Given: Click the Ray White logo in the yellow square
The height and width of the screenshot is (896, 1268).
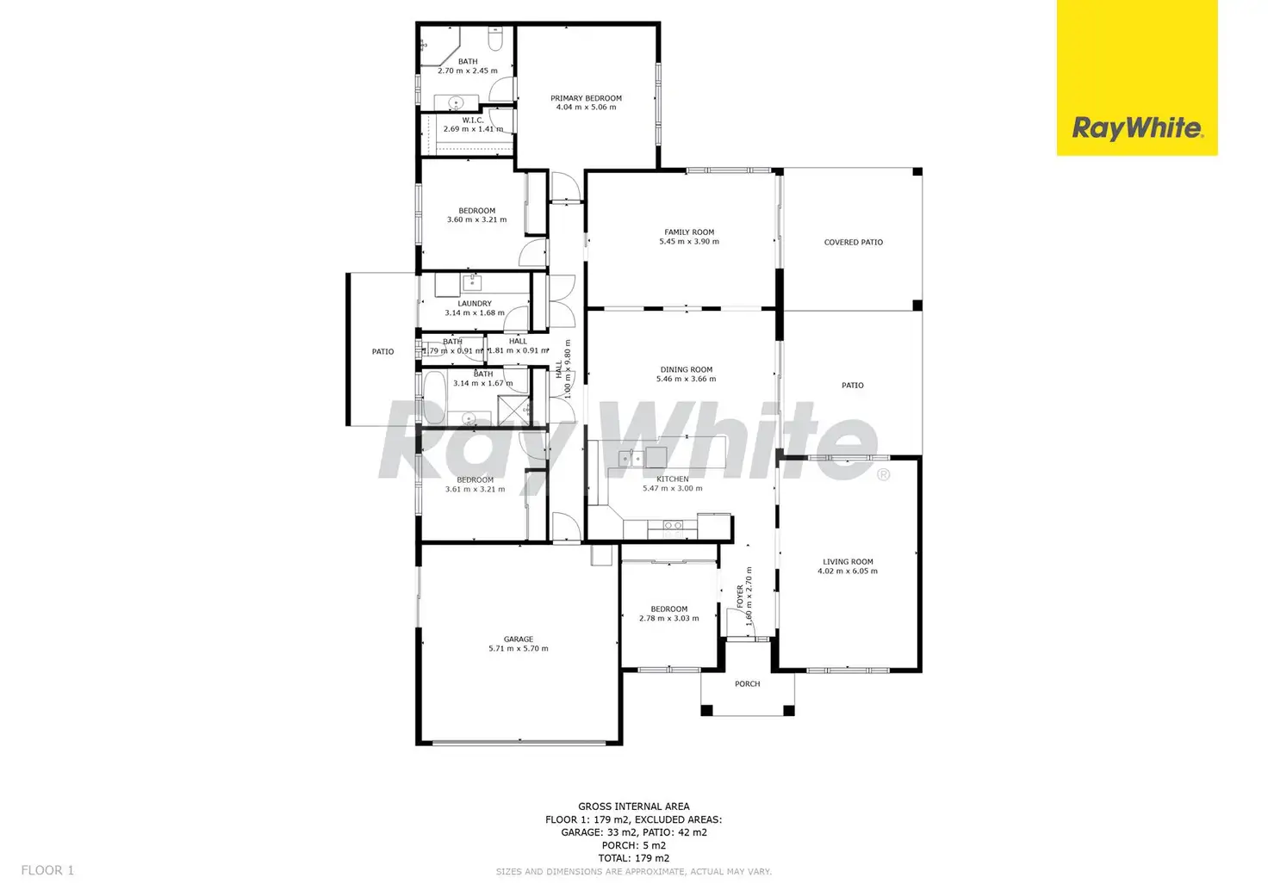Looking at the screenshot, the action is [1137, 129].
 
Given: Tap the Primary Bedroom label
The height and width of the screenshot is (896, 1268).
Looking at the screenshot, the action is [586, 98].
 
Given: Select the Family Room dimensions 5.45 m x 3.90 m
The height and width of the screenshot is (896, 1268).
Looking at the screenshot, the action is [689, 242].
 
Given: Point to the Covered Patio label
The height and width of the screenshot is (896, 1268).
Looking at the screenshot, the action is [853, 243].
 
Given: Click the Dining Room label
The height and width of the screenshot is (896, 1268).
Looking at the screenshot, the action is [686, 370].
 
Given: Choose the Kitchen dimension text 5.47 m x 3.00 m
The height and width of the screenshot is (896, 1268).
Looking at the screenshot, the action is [672, 489].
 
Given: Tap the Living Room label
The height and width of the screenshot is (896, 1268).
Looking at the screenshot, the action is [848, 562].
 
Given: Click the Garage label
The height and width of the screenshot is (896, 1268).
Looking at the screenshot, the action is [518, 640].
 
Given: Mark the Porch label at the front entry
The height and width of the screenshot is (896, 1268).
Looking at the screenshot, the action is [747, 684].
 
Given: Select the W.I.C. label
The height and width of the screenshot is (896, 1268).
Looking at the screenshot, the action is [472, 120].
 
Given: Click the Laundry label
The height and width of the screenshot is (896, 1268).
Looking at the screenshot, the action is [475, 304].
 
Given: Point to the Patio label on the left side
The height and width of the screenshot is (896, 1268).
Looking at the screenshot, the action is [382, 352].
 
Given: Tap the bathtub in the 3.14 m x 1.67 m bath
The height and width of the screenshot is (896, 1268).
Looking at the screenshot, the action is [433, 398].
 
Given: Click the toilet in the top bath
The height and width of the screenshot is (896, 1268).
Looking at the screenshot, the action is [495, 40].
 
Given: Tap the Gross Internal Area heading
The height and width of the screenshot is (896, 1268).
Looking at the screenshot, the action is [633, 807].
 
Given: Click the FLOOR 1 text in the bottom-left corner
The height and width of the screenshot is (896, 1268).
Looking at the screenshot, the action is [47, 871].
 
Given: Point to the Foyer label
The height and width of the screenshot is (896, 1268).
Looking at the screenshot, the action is [740, 596].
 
